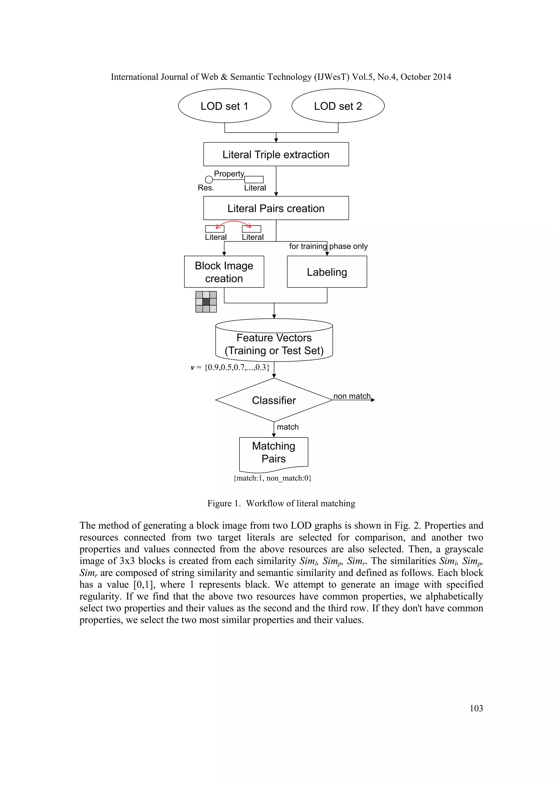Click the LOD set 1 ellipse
(x=225, y=106)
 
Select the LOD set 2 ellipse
(x=338, y=106)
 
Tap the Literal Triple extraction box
(x=276, y=155)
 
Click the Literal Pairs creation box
(x=276, y=208)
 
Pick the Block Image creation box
(x=224, y=272)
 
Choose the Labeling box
(x=327, y=272)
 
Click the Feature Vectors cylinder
(x=274, y=344)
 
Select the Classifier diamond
(x=274, y=400)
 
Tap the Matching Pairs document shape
(x=274, y=452)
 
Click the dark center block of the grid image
(x=206, y=301)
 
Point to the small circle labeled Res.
(x=208, y=179)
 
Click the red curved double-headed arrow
(x=233, y=222)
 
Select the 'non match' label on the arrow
(x=352, y=396)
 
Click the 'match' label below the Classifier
(x=288, y=427)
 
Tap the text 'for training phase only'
(x=328, y=246)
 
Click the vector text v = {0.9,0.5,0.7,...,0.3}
(x=230, y=368)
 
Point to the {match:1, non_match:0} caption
(x=272, y=478)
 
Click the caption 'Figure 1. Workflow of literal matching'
(x=281, y=503)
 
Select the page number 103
(x=476, y=708)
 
